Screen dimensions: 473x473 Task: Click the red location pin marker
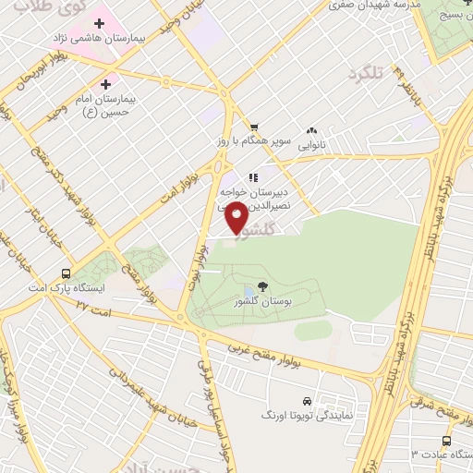(236, 219)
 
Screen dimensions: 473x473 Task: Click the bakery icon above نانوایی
(310, 132)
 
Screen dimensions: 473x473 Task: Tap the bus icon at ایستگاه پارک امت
(66, 273)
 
